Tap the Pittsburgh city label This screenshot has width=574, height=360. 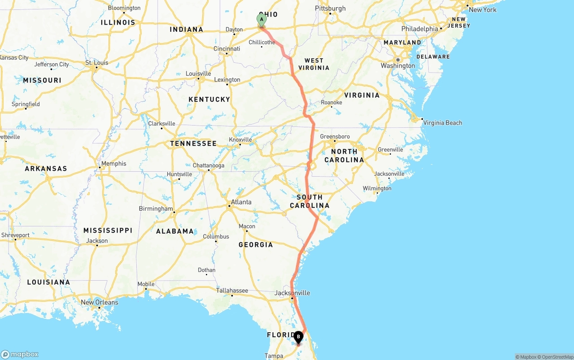coord(330,9)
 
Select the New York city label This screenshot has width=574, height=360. coord(483,9)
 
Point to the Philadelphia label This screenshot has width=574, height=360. coord(420,29)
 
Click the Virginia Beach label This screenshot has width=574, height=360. coord(442,123)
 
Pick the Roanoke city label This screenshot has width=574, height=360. coord(331,103)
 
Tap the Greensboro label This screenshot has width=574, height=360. coord(335,137)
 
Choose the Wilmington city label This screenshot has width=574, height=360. coord(377,188)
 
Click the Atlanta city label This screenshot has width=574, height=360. coord(241,202)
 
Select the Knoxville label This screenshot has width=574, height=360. coord(241,139)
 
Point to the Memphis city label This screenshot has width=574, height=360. coord(113,164)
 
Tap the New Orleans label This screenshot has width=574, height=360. coord(100,302)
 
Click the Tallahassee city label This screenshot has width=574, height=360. coord(232,291)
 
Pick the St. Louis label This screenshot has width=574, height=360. coord(97,62)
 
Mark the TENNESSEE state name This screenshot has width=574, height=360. coord(193,143)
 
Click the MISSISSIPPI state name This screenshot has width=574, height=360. coord(108,230)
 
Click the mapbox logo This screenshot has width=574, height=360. coord(20,354)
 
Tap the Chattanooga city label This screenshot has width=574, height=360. coord(209,165)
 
